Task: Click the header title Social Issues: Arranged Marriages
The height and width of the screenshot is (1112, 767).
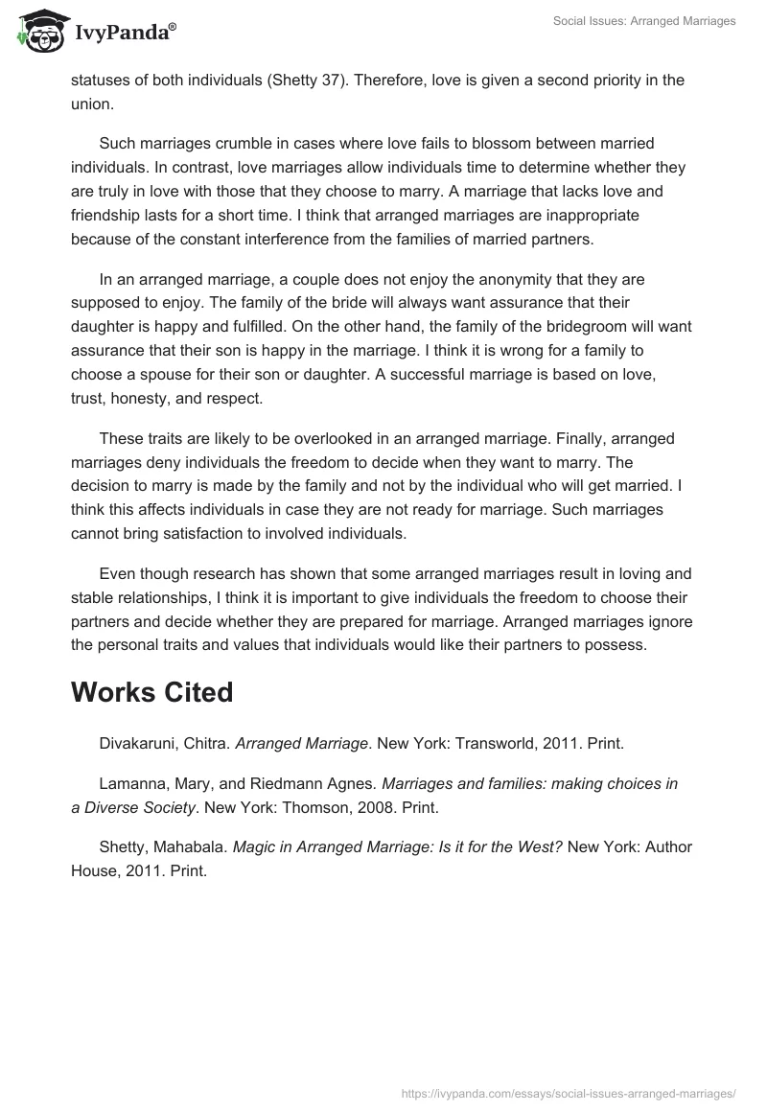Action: tap(644, 21)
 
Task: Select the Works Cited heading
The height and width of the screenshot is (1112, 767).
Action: tap(151, 692)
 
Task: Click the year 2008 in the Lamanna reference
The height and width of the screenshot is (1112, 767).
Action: tap(364, 807)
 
